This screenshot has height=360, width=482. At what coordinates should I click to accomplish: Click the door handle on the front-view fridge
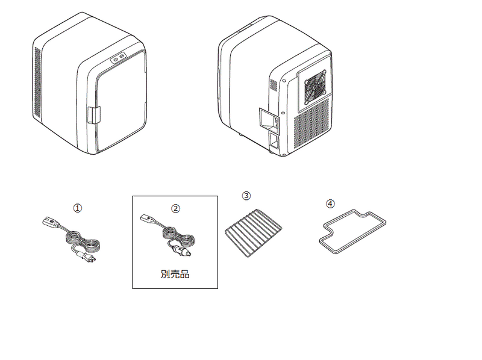point(92,115)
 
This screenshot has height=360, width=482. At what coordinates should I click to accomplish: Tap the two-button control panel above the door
point(117,58)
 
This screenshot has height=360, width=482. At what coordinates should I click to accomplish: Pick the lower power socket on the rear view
point(274,142)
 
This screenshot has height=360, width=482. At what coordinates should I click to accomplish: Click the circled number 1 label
point(77,208)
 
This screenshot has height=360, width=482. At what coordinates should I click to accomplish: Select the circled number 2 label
point(175,208)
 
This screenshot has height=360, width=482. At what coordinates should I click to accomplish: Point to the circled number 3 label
point(246,196)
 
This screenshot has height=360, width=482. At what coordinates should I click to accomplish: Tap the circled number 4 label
point(330,203)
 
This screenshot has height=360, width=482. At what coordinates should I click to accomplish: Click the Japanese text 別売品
point(175,274)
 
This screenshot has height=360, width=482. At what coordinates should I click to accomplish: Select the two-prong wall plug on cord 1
point(89,256)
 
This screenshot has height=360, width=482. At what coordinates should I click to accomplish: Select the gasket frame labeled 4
point(352,232)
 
